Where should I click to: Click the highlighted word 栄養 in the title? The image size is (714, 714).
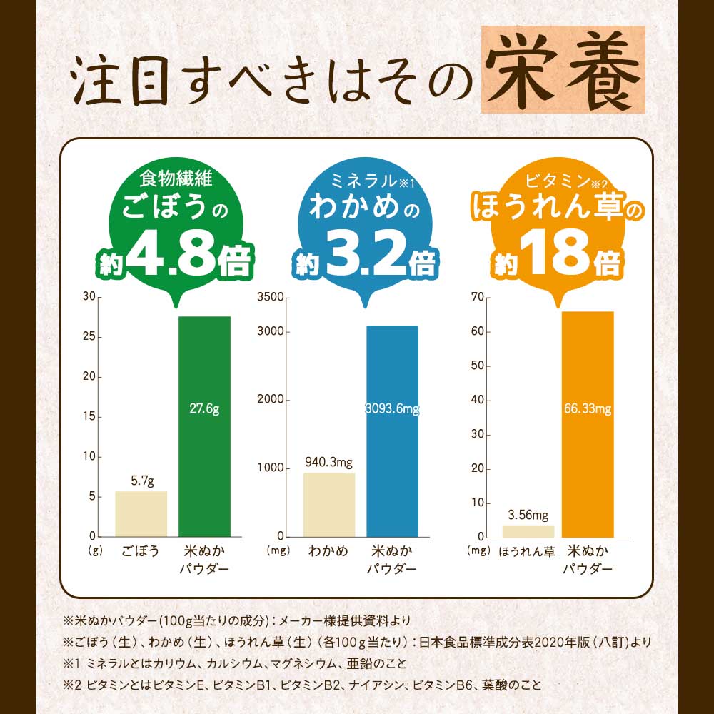pos(563,71)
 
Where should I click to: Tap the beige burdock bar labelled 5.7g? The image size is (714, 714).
pos(141,513)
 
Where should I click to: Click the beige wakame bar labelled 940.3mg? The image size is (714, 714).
pos(329,504)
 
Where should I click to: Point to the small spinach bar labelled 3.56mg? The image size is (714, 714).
pos(528,531)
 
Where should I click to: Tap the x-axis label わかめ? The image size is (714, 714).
pos(328,551)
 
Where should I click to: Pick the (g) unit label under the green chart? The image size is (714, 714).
pos(95,551)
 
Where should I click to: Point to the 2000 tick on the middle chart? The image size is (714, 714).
pos(273,400)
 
